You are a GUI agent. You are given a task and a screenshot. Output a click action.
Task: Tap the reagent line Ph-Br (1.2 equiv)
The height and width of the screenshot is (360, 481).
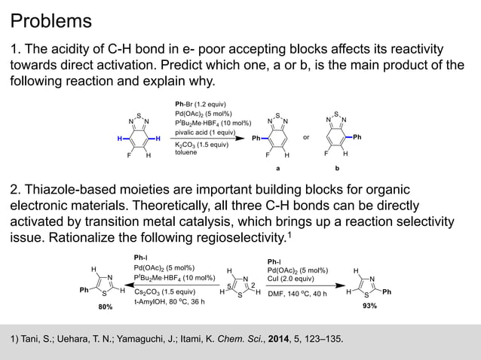click(x=201, y=104)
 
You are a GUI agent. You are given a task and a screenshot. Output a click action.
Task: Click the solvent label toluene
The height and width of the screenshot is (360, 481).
click(x=185, y=153)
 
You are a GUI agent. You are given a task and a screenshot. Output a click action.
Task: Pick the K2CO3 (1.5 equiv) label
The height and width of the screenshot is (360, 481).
click(x=201, y=145)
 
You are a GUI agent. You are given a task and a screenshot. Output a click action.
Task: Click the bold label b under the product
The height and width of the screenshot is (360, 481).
click(x=337, y=169)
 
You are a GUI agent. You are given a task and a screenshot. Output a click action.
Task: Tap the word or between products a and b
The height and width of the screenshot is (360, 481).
click(x=306, y=139)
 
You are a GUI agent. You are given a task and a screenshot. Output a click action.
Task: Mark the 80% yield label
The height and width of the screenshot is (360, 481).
click(x=104, y=307)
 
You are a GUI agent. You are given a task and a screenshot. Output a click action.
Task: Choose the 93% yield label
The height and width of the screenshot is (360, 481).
click(x=369, y=307)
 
